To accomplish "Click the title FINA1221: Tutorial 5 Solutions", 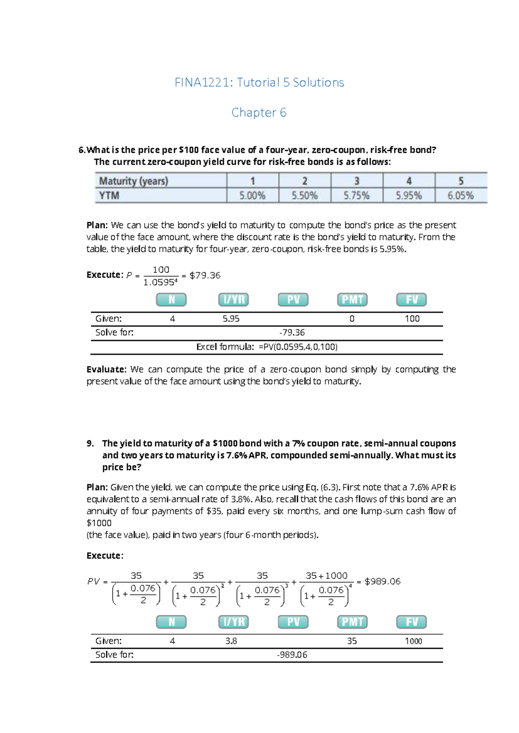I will pos(259,83).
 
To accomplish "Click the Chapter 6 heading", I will pos(259,113).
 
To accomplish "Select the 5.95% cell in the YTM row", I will pos(408,196).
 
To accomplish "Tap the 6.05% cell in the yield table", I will pos(460,196).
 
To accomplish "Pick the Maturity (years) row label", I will pos(134,181).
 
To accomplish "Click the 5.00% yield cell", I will pos(252,196).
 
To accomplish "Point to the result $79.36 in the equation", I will pos(205,275).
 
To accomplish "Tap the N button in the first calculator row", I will pos(171,300).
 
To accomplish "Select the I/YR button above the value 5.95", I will pos(234,300).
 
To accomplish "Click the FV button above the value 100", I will pos(411,300).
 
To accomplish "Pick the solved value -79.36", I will pos(292,332).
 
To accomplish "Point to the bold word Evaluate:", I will pos(106,370).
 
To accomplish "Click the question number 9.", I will pos(90,443).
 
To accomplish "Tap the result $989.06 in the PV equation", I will pos(382,582).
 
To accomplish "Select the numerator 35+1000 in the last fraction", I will pos(326,576).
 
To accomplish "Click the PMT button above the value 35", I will pos(352,622).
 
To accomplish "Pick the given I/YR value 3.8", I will pos(231,641).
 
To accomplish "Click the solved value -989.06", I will pos(292,655).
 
